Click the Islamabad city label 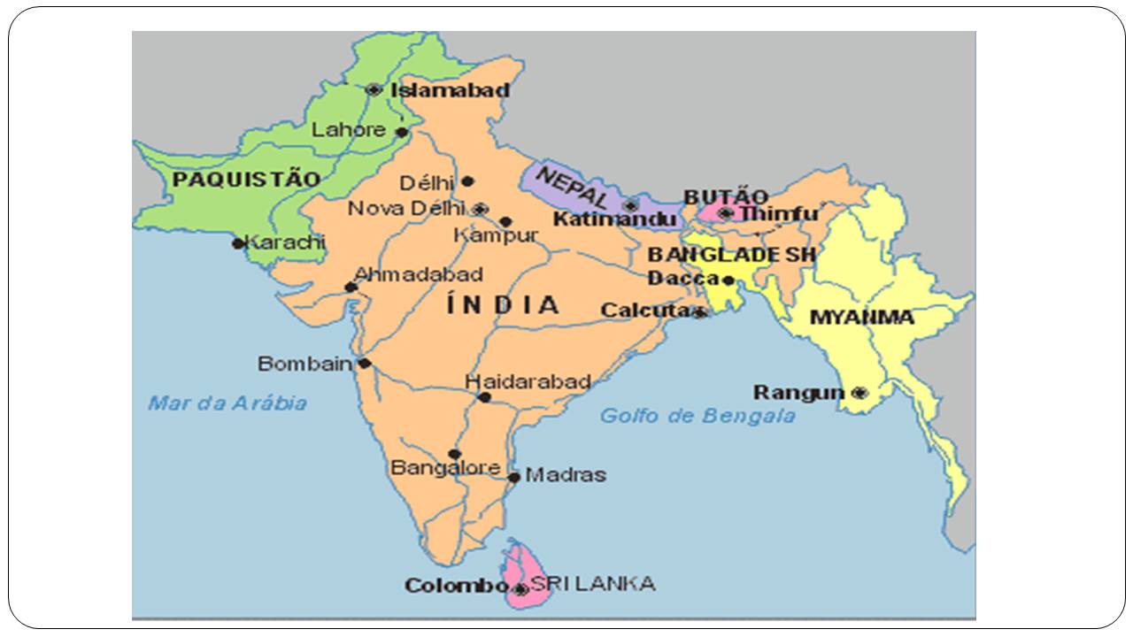[450, 89]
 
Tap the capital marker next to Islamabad [374, 89]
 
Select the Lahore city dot [401, 132]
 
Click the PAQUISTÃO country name [246, 180]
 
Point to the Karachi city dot [238, 243]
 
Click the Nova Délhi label [405, 209]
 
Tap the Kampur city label [495, 236]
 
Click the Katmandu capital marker [630, 205]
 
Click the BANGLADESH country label [731, 255]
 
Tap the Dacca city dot [728, 280]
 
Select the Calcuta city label [644, 311]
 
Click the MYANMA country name [861, 317]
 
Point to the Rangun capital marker [859, 393]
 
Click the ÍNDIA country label [503, 305]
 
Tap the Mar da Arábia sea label [227, 403]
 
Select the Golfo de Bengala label [698, 416]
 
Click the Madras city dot [514, 477]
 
